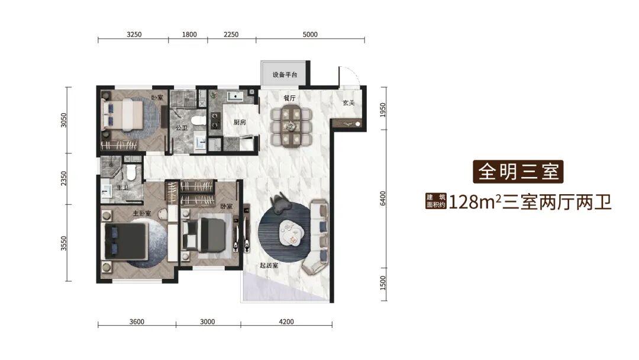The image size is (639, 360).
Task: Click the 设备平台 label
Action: coord(285,75)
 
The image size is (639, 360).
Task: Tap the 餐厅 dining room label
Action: coord(289,98)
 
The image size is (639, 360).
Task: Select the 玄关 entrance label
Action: coord(348,103)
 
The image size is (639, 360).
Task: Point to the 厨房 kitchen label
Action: coord(240,122)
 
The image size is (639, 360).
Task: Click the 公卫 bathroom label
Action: coord(182,128)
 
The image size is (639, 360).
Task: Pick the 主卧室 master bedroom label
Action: coord(142,213)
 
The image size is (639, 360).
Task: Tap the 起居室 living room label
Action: coord(269,266)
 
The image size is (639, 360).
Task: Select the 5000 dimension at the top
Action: coord(310,34)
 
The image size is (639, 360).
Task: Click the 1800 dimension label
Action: coord(189,34)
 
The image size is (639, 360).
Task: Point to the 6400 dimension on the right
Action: coord(383,198)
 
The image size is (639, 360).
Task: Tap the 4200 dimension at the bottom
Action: coord(286,322)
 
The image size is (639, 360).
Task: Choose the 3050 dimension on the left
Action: coord(63,120)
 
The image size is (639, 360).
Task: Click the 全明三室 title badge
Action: coord(518,172)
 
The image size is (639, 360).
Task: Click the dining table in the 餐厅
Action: coord(291,125)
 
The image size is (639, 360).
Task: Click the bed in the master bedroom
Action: coord(125,241)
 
